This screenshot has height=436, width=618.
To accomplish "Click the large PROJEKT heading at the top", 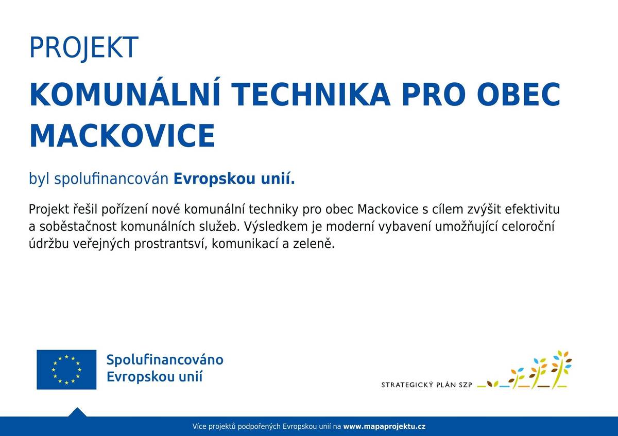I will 83,47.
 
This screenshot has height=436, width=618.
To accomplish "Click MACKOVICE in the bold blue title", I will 122,136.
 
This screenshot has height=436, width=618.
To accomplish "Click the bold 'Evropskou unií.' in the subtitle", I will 234,179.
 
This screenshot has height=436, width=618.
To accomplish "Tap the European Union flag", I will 66,369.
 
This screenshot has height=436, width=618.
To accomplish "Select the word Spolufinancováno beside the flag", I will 165,359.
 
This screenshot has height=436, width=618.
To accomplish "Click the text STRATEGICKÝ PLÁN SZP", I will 427,384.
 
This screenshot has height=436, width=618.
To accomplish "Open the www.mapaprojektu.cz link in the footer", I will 384,426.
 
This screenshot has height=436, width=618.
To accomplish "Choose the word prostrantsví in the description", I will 169,244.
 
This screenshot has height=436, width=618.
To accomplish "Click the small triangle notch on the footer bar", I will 77,412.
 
